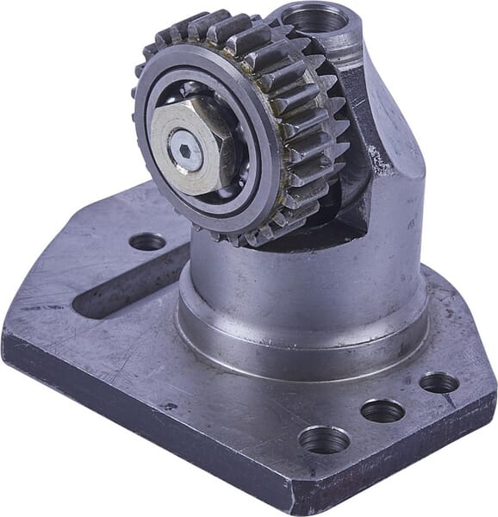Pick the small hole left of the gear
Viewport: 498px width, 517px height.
pyautogui.click(x=147, y=241)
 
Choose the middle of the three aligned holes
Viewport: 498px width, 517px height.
pyautogui.click(x=383, y=410)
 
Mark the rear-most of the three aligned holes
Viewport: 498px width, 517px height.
pyautogui.click(x=439, y=383)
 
